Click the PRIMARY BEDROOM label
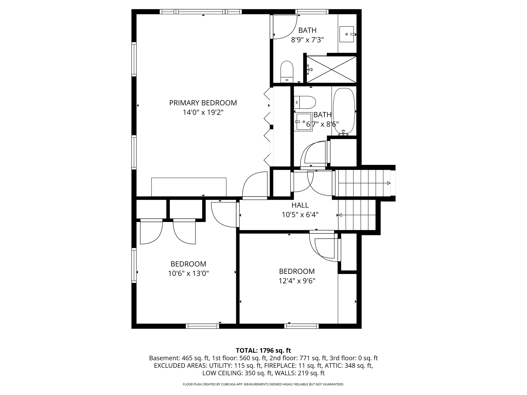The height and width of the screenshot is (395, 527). (x=203, y=103)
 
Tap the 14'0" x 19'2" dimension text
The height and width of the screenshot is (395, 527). (x=203, y=112)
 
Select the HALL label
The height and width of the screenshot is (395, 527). (x=300, y=205)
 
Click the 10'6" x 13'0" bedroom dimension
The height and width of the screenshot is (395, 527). (x=188, y=273)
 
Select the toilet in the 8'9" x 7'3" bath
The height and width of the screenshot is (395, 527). (x=287, y=72)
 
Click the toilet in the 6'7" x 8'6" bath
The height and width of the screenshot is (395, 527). (x=305, y=102)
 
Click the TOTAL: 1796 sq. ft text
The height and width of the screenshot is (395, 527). (x=263, y=351)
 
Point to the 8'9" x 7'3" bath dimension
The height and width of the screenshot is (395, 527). (x=307, y=40)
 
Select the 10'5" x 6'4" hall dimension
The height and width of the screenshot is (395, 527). (x=300, y=215)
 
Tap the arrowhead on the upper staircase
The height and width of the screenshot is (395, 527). (x=389, y=183)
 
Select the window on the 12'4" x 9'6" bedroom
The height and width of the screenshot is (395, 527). (x=301, y=326)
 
